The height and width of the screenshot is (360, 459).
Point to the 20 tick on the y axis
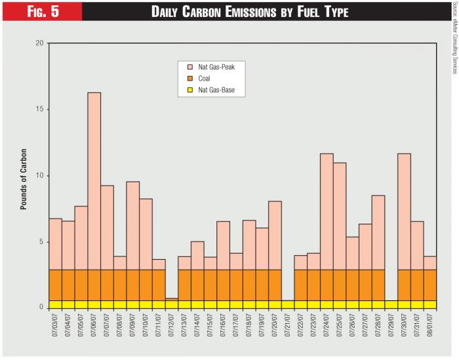[39, 43]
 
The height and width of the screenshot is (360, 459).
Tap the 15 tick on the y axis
[39, 110]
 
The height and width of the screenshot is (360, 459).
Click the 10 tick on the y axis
[39, 176]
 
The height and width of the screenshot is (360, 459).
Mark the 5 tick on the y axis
[41, 242]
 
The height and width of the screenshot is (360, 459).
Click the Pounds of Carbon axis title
[24, 176]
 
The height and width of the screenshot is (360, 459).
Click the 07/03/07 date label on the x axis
[56, 327]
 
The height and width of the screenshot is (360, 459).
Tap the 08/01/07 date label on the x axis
[431, 327]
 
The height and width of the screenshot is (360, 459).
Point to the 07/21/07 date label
[289, 327]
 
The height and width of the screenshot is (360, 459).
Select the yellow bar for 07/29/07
[391, 304]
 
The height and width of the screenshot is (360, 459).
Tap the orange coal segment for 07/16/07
[223, 285]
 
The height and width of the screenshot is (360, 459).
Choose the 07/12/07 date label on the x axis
[172, 327]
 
